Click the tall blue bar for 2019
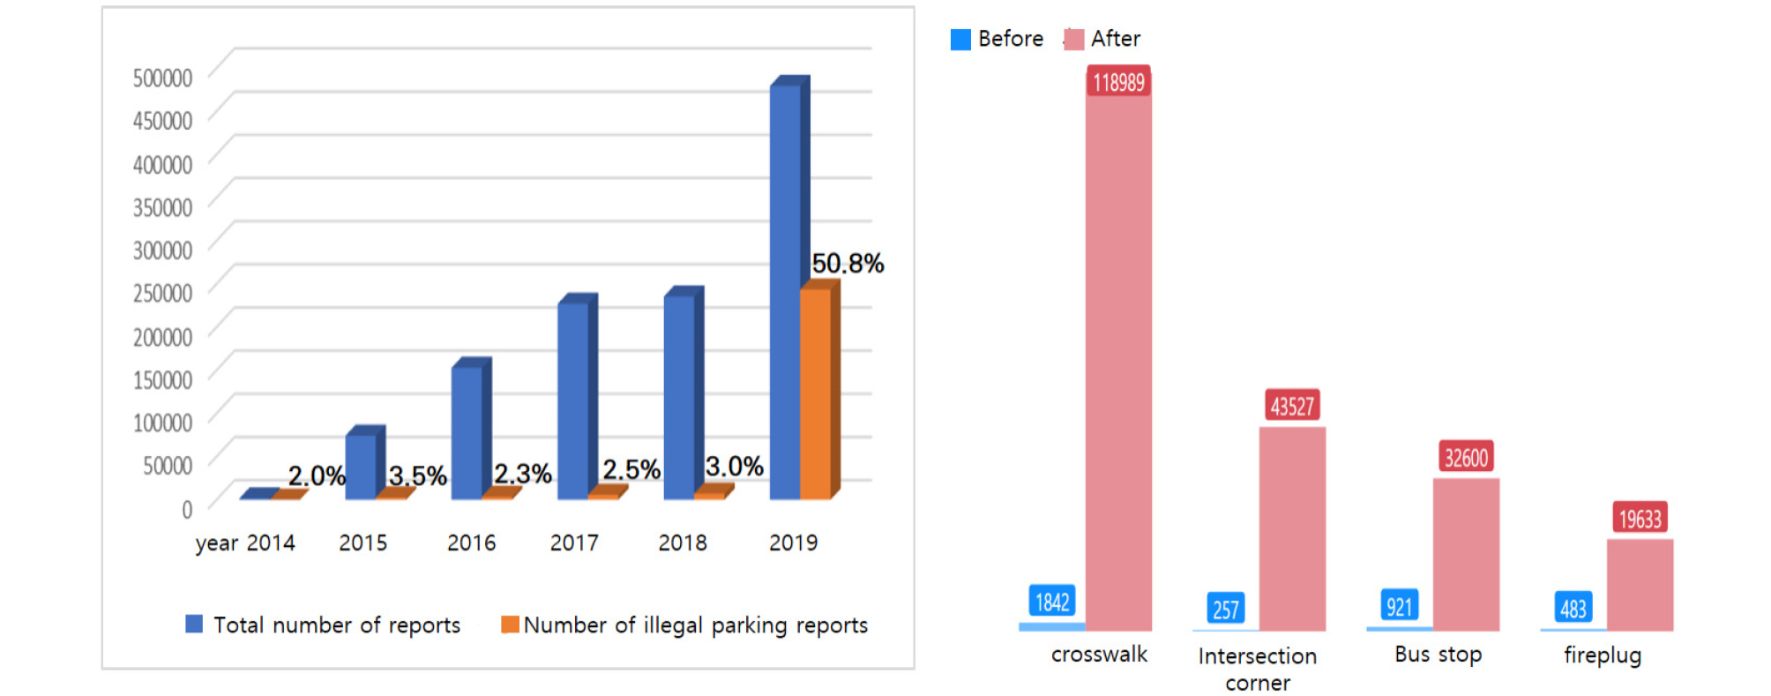785,291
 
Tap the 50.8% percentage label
848,263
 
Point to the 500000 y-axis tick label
162,78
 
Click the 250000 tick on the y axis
162,293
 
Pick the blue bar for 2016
467,432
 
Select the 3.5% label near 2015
418,475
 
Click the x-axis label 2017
574,543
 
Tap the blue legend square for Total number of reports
194,625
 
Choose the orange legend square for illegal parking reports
510,625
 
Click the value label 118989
1118,82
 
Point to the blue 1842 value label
1051,602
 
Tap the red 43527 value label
1292,406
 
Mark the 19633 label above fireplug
1640,519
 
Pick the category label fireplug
1603,655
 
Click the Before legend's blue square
960,40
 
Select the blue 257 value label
1225,609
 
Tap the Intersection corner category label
1257,669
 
